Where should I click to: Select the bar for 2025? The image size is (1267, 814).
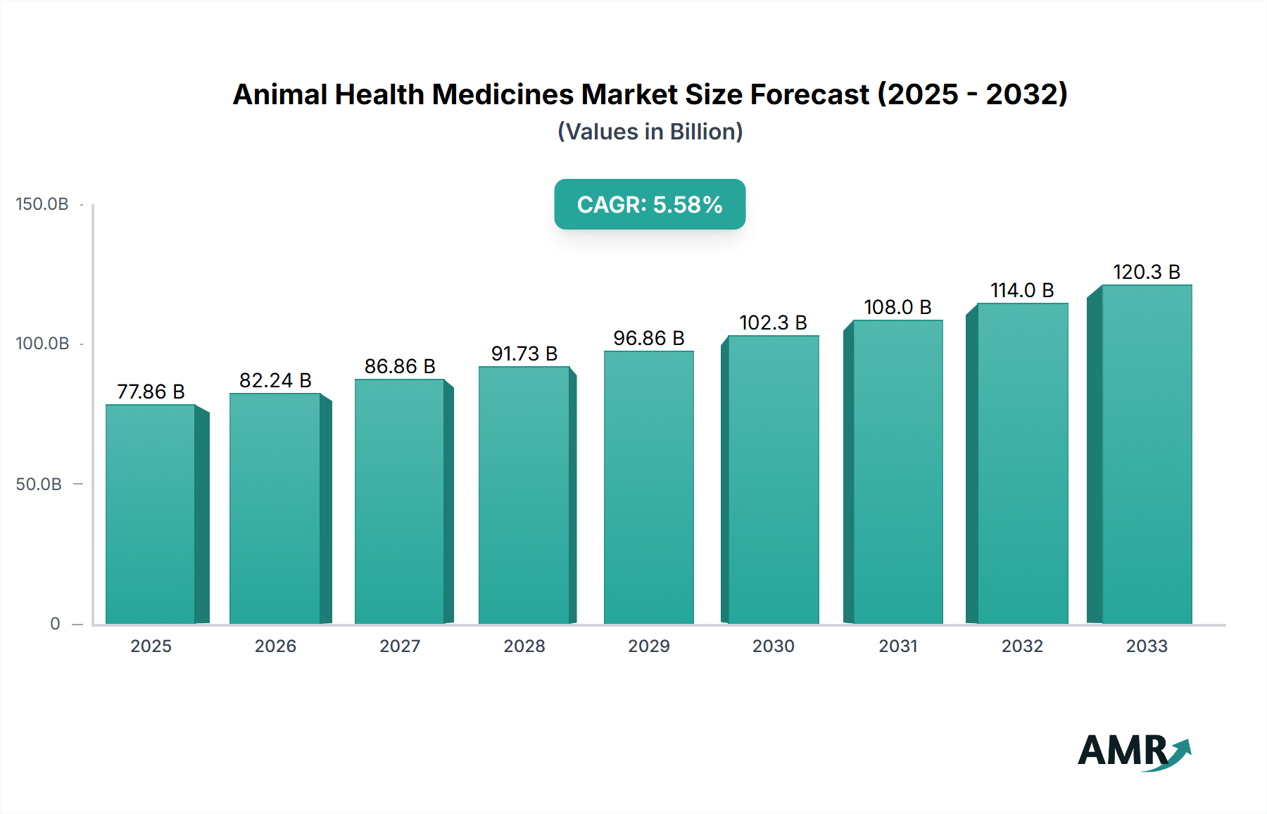point(151,514)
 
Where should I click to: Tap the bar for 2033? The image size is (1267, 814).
point(1146,454)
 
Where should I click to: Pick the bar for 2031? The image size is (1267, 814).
point(897,472)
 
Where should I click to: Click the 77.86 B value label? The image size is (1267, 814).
point(151,392)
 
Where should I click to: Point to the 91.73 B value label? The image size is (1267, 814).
point(524,353)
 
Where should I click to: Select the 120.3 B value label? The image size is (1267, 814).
point(1146,272)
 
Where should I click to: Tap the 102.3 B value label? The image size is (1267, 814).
point(773,323)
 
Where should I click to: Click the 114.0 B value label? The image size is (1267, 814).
point(1022,290)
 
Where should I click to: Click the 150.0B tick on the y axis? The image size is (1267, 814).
point(42,204)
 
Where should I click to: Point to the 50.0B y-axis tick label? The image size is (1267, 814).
point(39,484)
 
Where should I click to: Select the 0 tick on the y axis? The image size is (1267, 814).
point(55,624)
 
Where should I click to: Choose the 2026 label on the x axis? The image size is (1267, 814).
point(275,646)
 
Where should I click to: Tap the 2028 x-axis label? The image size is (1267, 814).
point(524,646)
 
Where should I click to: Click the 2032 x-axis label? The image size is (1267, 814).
point(1022,646)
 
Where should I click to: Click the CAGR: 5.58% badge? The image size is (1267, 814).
point(650,204)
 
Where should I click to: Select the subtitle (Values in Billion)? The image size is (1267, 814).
point(650,132)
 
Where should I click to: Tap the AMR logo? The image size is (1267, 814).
point(1133,751)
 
